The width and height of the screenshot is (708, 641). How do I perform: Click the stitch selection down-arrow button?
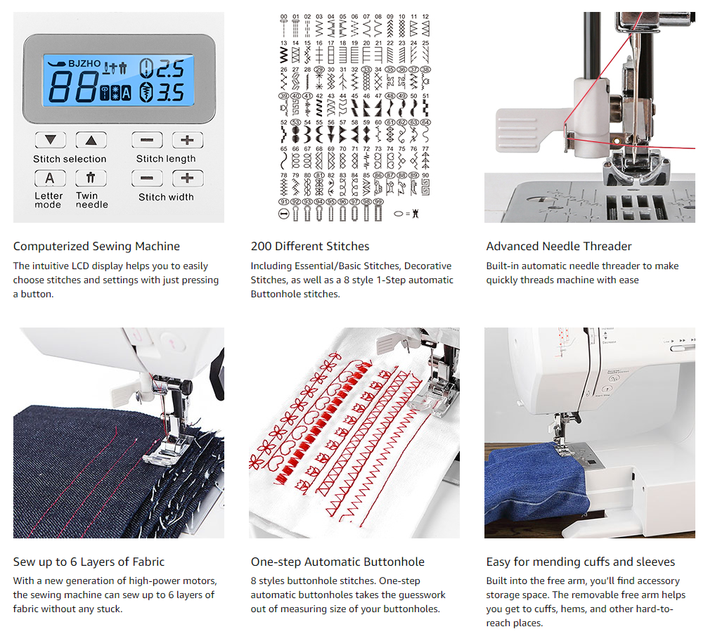click(x=50, y=140)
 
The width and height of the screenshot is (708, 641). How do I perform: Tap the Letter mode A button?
click(x=50, y=179)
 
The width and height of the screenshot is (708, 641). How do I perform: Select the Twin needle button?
click(x=90, y=179)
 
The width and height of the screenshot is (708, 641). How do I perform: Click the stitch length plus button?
click(x=187, y=140)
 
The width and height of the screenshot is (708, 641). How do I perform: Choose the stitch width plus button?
click(x=187, y=179)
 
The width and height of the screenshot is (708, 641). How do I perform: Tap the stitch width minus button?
click(x=147, y=179)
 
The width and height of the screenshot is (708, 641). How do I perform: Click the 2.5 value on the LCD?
click(x=169, y=69)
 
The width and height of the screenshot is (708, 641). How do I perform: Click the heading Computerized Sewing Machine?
click(x=96, y=246)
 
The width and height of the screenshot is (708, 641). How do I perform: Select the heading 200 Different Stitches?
click(x=309, y=246)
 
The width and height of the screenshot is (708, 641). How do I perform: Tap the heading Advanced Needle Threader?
click(x=558, y=246)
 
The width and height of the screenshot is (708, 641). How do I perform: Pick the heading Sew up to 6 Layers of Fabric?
click(x=89, y=562)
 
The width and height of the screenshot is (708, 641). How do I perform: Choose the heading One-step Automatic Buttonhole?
click(x=337, y=562)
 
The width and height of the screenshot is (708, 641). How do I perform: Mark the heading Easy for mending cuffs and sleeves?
click(x=580, y=562)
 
